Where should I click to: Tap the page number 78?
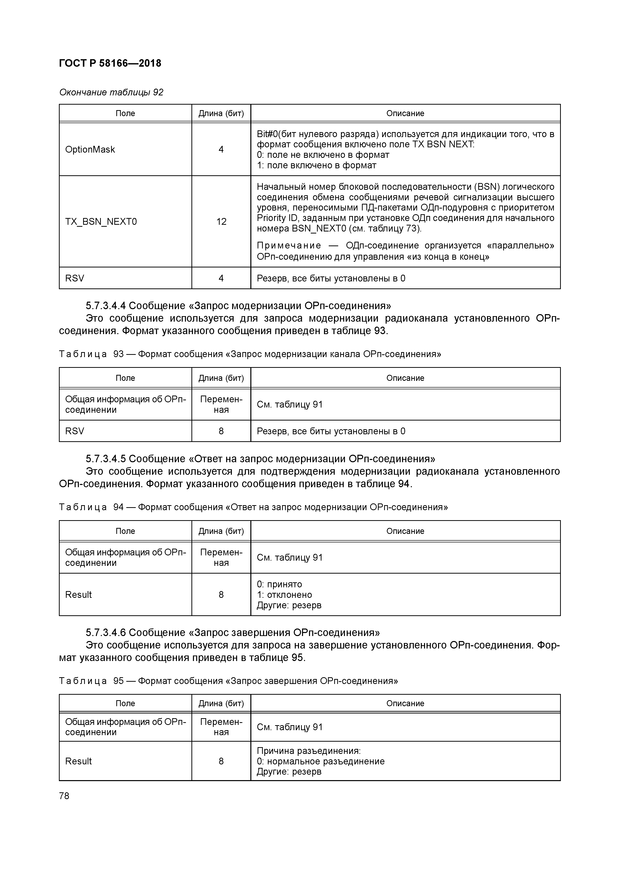click(x=64, y=796)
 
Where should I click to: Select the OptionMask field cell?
click(x=90, y=150)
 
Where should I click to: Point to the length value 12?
click(x=221, y=222)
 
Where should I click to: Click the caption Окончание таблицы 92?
click(x=111, y=92)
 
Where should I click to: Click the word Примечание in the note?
click(x=289, y=245)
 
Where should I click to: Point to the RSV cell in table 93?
click(x=75, y=431)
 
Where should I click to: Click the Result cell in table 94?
click(x=79, y=594)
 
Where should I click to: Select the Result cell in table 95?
click(x=79, y=761)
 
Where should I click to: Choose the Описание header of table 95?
click(x=405, y=703)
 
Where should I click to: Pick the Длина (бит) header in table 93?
click(x=221, y=378)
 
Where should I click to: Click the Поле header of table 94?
click(x=125, y=531)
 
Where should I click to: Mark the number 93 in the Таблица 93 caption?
click(x=119, y=354)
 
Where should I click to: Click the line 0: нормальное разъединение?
click(x=320, y=761)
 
